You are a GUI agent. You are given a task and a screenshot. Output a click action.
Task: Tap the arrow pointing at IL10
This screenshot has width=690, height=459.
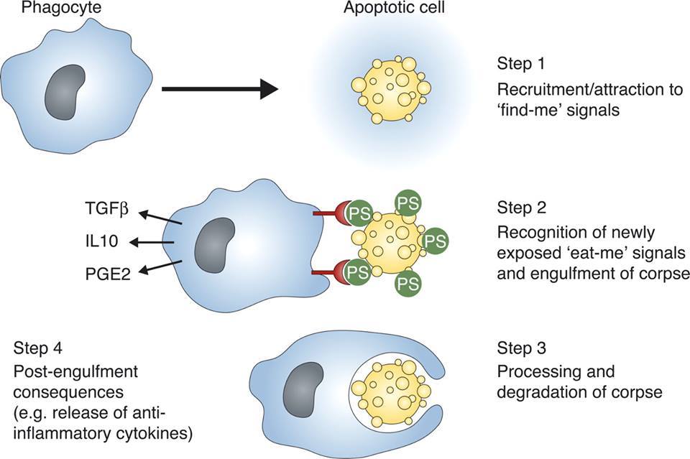[157, 243]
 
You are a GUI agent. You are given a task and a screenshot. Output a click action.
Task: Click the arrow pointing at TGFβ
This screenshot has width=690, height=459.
[159, 217]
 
